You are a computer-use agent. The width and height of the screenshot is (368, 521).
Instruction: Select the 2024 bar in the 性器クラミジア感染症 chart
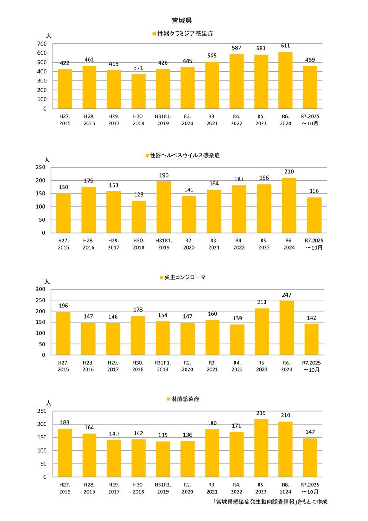pos(285,80)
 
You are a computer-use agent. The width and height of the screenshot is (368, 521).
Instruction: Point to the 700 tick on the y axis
pos(42,43)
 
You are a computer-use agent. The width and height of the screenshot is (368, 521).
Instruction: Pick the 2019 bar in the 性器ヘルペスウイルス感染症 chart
pos(163,207)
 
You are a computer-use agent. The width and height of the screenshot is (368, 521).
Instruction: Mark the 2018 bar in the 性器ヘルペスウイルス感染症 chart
pos(139,217)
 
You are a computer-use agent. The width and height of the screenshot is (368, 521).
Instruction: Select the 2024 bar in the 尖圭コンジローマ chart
pos(286,328)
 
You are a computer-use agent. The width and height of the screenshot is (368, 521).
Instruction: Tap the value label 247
pos(286,295)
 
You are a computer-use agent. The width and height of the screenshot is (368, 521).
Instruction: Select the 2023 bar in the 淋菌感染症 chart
pos(261,448)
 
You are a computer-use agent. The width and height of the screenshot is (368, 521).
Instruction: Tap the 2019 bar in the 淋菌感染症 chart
pos(163,459)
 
